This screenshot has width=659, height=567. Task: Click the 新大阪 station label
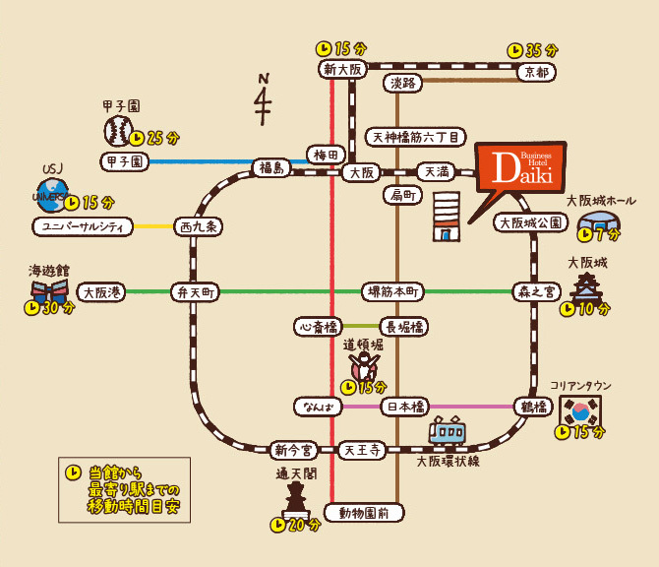343,69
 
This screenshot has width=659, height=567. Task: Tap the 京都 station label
536,72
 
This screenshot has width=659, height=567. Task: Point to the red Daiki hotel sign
520,168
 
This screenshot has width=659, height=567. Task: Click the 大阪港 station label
101,291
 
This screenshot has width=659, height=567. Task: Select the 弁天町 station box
195,291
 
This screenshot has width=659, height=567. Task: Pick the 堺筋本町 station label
393,291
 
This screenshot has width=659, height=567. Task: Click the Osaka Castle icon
587,288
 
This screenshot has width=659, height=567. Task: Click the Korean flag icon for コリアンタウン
579,413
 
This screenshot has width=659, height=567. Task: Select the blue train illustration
448,431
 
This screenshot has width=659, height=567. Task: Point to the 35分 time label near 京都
532,49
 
